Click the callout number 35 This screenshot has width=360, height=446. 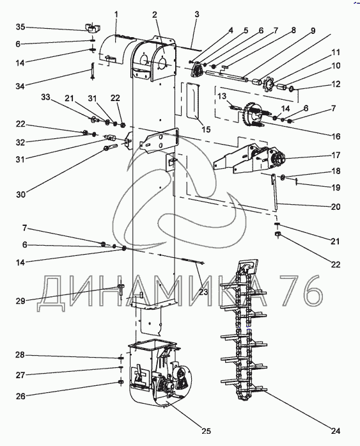pyautogui.click(x=20, y=27)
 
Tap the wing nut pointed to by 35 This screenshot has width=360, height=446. pyautogui.click(x=91, y=28)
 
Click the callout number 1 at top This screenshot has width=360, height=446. pyautogui.click(x=116, y=14)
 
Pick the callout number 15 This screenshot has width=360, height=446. pyautogui.click(x=207, y=129)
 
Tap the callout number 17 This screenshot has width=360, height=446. pyautogui.click(x=336, y=155)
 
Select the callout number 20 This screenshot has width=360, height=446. pyautogui.click(x=336, y=207)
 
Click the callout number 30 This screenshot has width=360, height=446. pyautogui.click(x=20, y=195)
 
